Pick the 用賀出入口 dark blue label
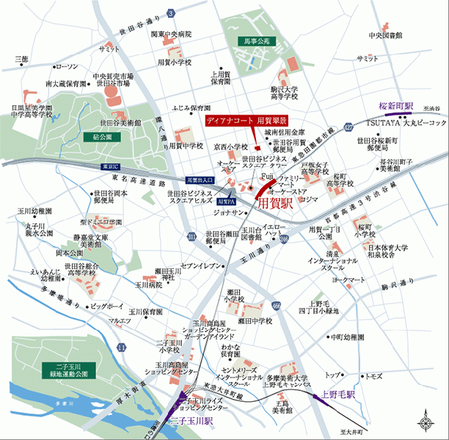pyautogui.click(x=199, y=179)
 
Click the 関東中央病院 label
pyautogui.click(x=171, y=34)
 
